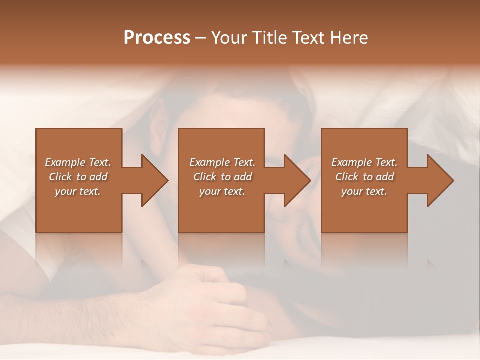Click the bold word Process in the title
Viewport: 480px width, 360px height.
(x=157, y=38)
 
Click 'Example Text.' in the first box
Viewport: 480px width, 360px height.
(x=78, y=162)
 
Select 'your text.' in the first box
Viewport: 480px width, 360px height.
(x=78, y=191)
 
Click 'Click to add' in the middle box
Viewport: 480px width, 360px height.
(x=222, y=177)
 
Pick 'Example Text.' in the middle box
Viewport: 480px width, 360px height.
(x=222, y=162)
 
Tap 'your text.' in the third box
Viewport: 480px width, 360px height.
(x=364, y=191)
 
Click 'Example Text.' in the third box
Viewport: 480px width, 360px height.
(x=364, y=162)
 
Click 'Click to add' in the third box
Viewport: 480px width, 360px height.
(x=364, y=177)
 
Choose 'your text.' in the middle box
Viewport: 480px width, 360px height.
(x=222, y=191)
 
